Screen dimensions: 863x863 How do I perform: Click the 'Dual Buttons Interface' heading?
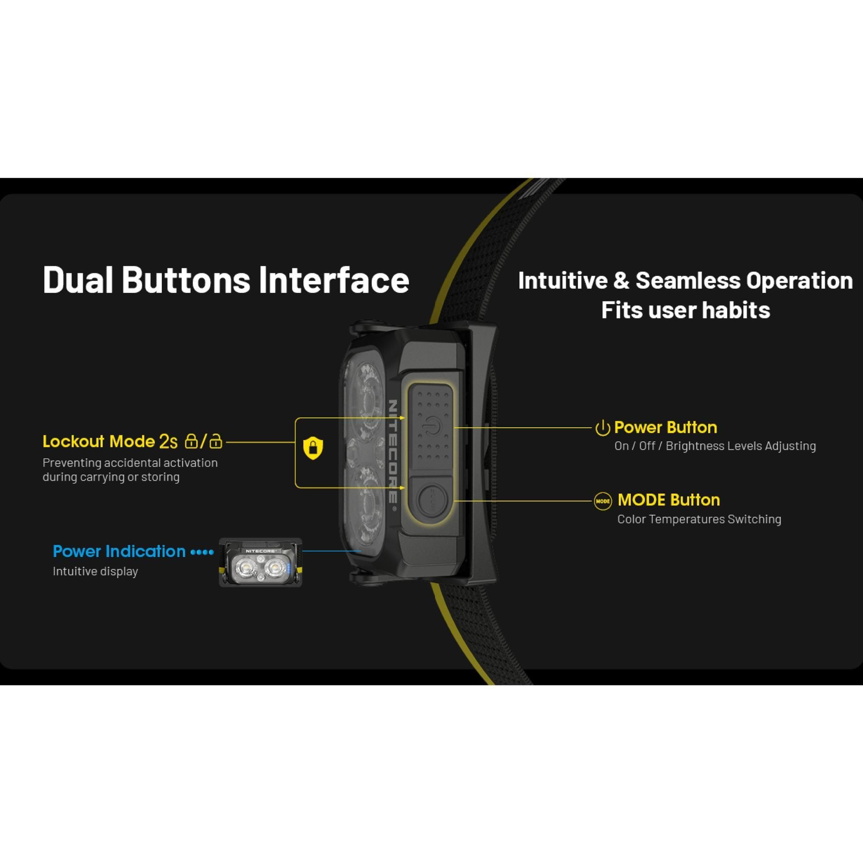226,280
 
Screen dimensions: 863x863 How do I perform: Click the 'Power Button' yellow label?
666,427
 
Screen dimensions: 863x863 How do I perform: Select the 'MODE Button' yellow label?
669,500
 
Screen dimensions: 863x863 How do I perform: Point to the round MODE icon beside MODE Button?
603,501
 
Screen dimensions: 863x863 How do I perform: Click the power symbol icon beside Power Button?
603,428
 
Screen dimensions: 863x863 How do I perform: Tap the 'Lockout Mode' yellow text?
99,441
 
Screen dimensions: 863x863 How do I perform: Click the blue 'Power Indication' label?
119,552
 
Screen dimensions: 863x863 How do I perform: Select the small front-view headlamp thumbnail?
260,563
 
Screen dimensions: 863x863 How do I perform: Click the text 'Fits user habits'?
686,310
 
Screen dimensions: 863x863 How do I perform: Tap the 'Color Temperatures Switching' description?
699,519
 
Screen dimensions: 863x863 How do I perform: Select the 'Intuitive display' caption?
96,571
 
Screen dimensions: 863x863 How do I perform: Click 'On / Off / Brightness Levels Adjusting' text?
715,446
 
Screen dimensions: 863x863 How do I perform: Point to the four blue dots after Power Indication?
202,552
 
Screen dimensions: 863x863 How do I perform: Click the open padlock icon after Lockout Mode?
216,441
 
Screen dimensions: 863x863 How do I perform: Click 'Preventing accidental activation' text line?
130,463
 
